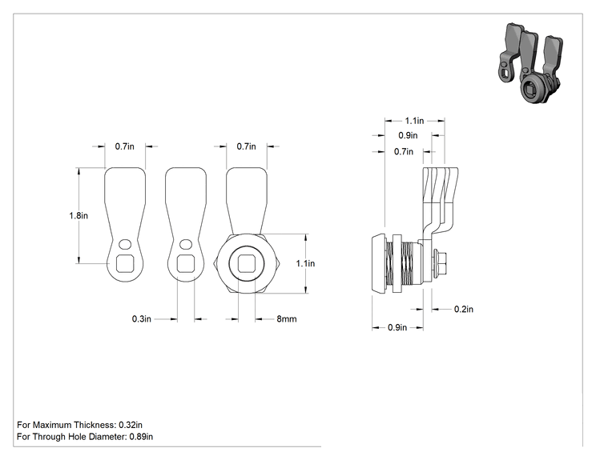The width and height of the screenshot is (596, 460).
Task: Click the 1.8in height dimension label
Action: point(79,215)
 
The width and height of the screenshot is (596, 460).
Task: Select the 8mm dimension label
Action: point(287,319)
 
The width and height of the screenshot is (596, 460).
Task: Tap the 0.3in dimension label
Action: point(142,319)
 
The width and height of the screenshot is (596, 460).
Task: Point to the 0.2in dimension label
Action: point(464,310)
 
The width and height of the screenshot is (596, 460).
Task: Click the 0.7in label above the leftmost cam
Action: point(125,146)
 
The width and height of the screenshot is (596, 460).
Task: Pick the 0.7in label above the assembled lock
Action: point(246,146)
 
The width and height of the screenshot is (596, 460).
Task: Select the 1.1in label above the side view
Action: point(414,121)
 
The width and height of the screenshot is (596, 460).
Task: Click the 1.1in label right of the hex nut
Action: point(305,263)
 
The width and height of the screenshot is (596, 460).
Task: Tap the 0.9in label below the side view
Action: point(397,327)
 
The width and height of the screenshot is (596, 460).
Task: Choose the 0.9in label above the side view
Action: point(408,135)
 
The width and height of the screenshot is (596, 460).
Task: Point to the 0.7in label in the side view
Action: point(404,152)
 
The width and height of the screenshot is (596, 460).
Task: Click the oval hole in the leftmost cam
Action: point(125,244)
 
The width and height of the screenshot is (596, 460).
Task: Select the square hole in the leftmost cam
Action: point(125,263)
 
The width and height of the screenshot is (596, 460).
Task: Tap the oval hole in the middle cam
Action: point(186,244)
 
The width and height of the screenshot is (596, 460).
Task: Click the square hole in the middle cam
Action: point(186,263)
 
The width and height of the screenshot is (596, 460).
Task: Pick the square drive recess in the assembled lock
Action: point(247,263)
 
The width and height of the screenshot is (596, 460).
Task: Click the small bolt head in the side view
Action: point(441,263)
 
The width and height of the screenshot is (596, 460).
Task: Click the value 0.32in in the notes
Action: point(131,425)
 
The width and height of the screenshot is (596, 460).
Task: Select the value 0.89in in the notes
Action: point(141,437)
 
